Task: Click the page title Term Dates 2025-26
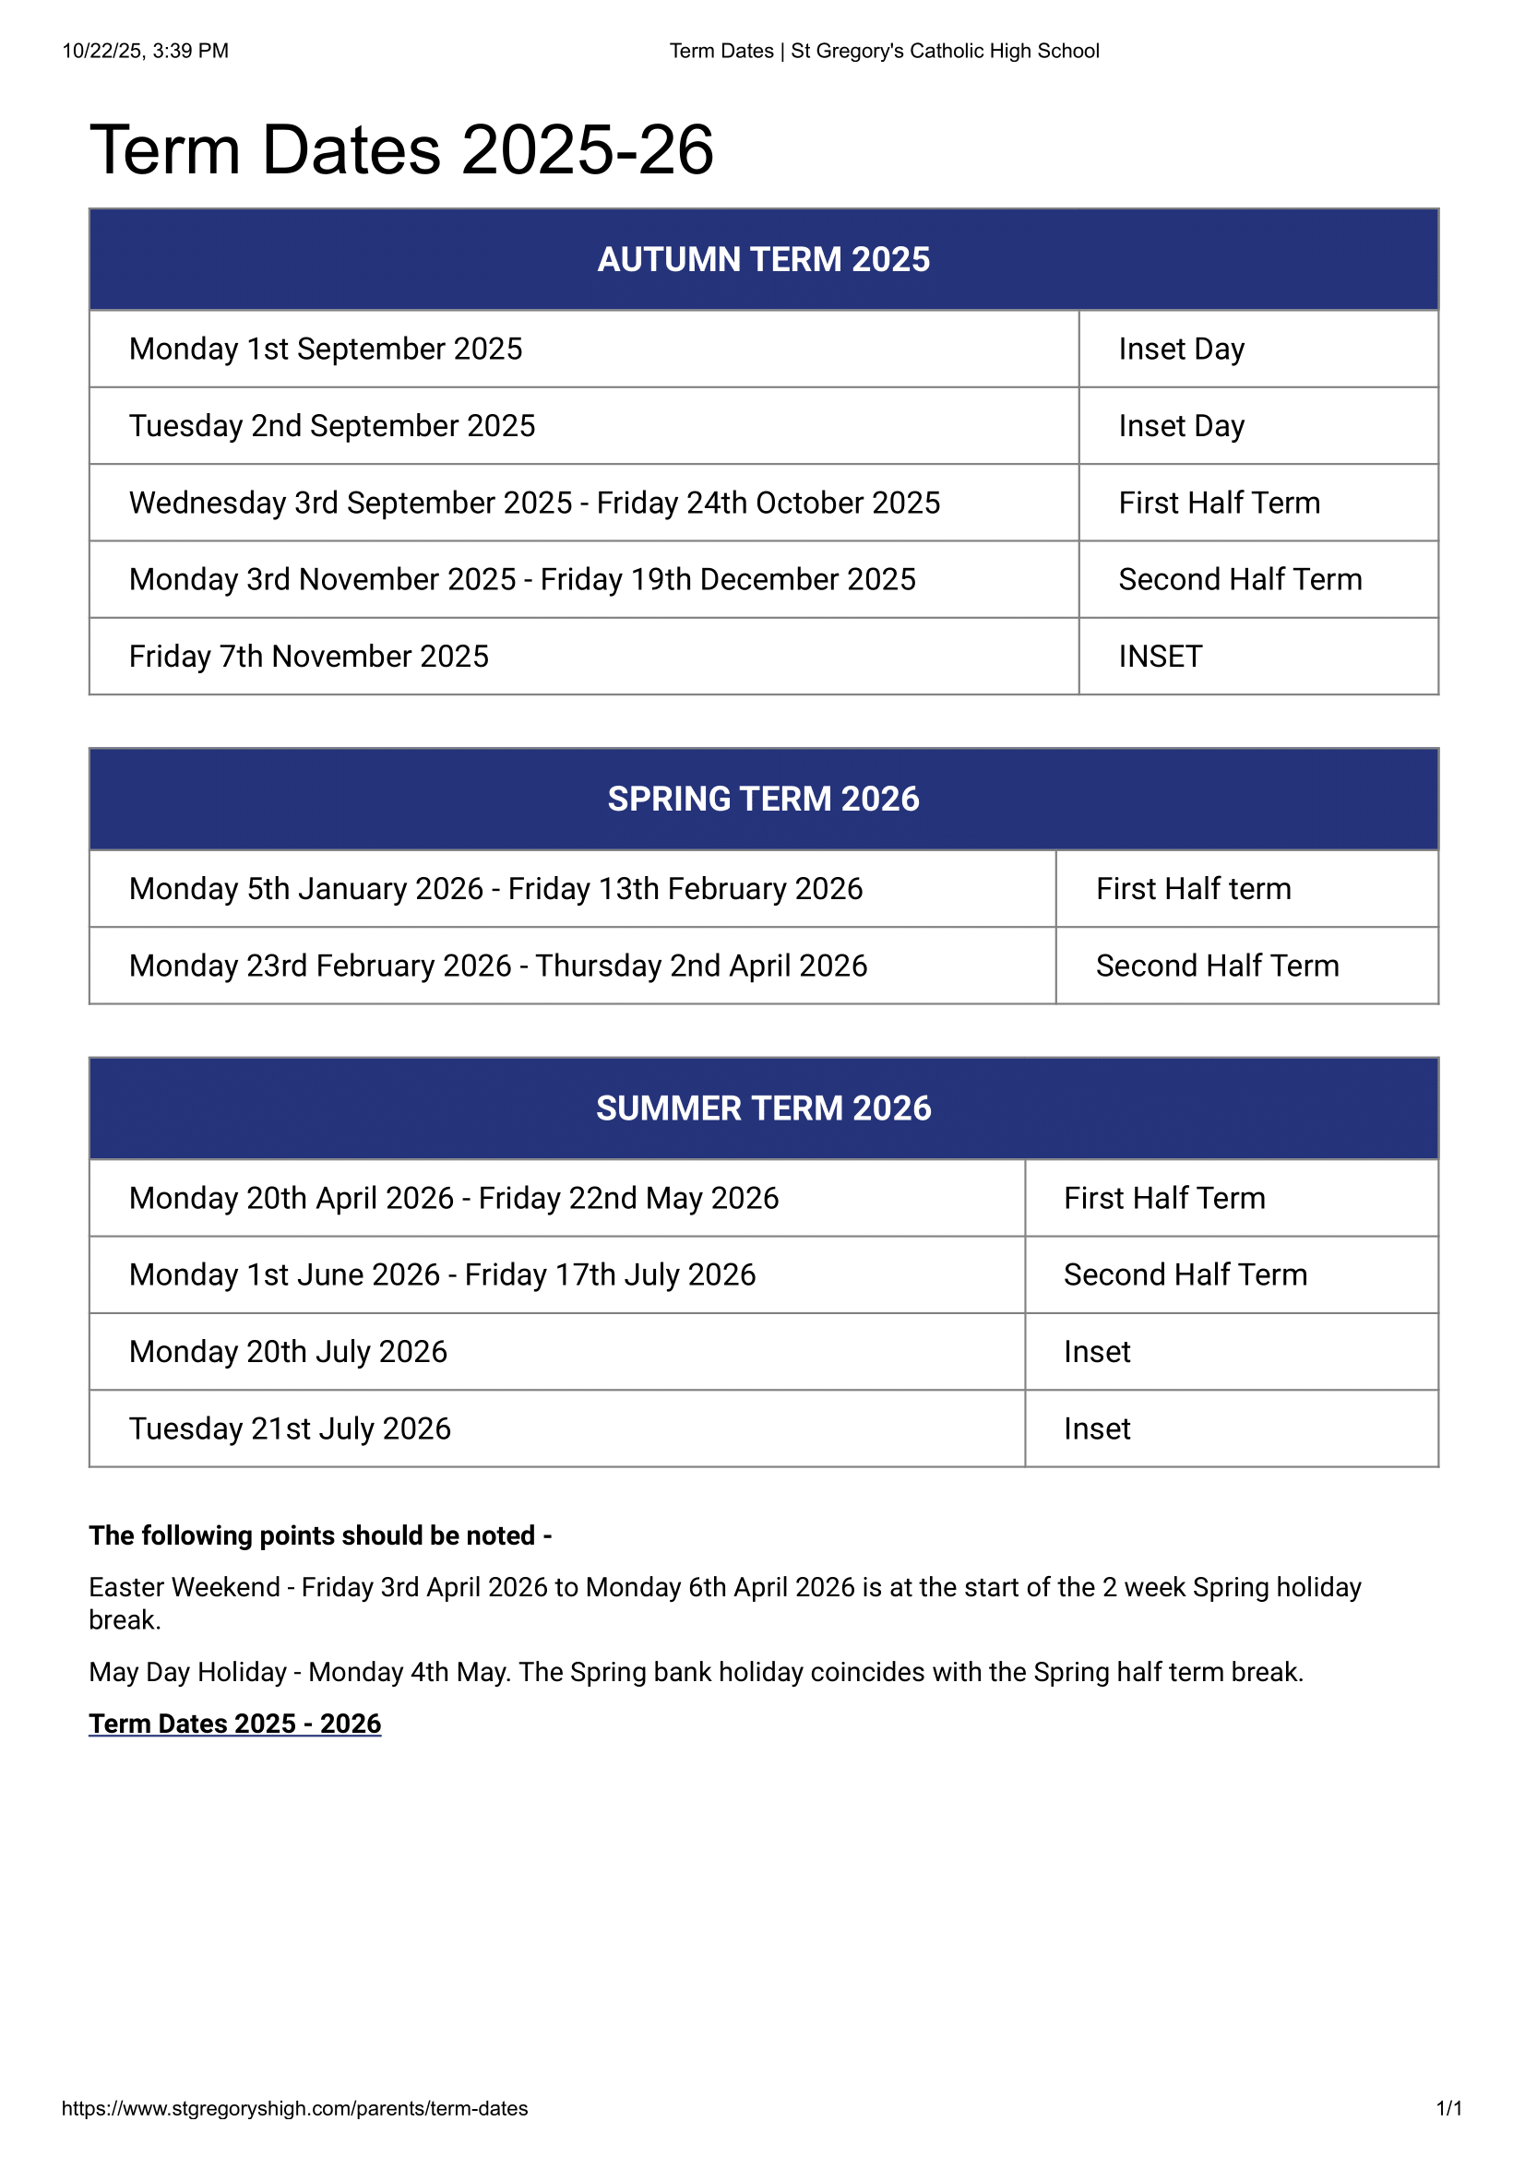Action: click(401, 150)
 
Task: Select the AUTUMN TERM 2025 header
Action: click(763, 259)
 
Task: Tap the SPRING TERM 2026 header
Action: click(763, 799)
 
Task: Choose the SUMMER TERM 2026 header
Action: click(763, 1108)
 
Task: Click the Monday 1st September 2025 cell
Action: click(325, 349)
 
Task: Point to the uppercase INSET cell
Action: click(1160, 657)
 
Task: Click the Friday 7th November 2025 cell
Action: click(308, 657)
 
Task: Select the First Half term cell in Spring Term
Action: click(1193, 889)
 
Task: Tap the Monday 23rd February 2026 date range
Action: click(498, 966)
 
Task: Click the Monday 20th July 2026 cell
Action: click(288, 1352)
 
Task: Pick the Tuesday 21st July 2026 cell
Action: click(290, 1428)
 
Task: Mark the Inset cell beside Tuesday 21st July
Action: click(1097, 1428)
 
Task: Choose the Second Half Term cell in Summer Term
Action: click(1185, 1274)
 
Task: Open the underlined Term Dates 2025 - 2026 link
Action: click(235, 1724)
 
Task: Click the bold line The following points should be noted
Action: click(320, 1535)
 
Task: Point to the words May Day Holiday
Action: click(187, 1672)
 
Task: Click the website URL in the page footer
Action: click(294, 2108)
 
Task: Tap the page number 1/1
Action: click(1448, 2108)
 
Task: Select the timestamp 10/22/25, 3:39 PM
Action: click(146, 51)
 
